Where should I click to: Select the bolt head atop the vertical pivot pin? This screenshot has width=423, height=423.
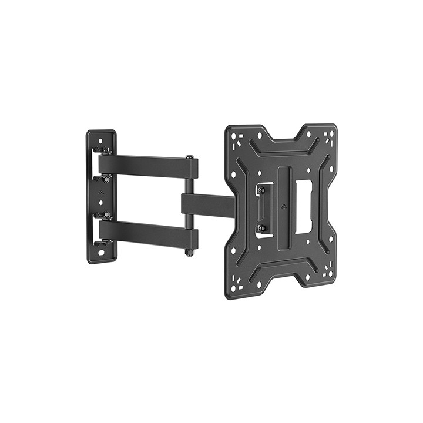coord(189,157)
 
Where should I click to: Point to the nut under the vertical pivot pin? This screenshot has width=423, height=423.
coord(189,253)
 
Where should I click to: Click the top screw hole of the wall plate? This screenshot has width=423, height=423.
coord(100,141)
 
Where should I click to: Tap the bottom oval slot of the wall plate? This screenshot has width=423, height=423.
coord(101,253)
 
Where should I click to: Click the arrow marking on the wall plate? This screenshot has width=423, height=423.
coord(100,192)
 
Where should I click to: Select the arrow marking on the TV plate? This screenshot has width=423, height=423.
coord(283,206)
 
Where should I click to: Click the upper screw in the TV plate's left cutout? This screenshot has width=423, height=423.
coord(261,190)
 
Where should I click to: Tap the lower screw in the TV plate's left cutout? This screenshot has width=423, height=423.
coord(262,228)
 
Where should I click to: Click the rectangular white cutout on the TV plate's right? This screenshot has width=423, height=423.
coord(303,206)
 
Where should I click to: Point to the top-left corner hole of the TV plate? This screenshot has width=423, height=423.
coord(235,137)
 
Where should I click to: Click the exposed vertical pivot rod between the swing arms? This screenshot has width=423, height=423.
coord(189,186)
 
